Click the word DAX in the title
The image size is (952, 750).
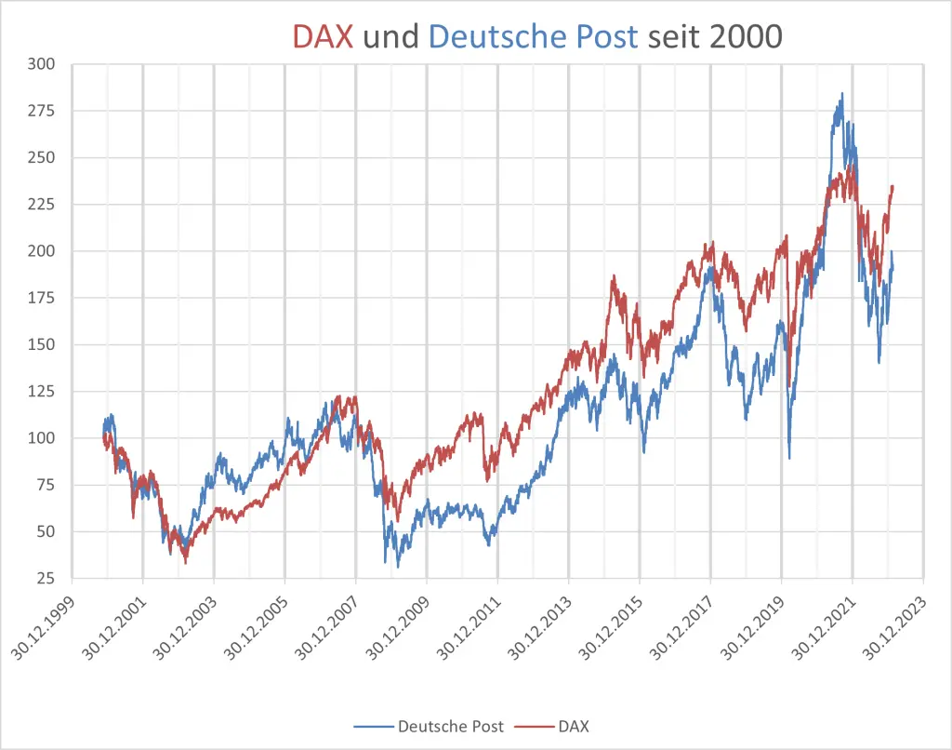point(323,36)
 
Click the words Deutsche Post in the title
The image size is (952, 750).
point(534,36)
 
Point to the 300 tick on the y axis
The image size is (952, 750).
point(43,64)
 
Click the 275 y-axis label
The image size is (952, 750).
point(43,111)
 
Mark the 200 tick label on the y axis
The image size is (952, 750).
point(43,251)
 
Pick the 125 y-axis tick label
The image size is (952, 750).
point(43,392)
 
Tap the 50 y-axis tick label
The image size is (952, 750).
point(46,532)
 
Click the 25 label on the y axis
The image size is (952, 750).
point(46,579)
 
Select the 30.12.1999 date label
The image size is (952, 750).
point(45,623)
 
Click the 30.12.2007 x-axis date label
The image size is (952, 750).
point(328,623)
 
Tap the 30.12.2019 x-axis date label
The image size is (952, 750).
point(754,623)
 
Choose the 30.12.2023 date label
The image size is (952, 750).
point(895,623)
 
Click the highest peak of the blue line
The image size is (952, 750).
point(841,94)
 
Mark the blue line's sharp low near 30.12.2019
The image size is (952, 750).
point(789,457)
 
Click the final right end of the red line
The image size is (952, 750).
point(892,186)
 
